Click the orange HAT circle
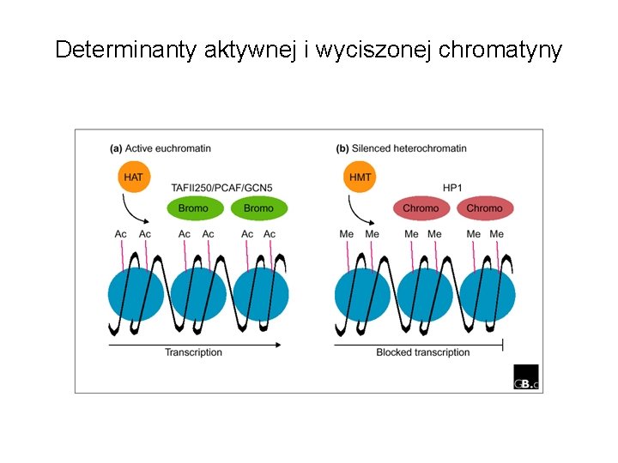(133, 177)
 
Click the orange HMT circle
(360, 177)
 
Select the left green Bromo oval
(194, 208)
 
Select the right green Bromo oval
(258, 208)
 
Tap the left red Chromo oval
(421, 208)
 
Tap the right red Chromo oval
(484, 208)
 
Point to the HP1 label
(452, 187)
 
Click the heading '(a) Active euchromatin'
(161, 148)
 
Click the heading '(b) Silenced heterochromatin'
(402, 148)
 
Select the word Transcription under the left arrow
(193, 352)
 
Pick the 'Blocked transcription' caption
(423, 352)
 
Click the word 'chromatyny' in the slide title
(500, 50)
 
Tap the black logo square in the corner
(525, 377)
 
